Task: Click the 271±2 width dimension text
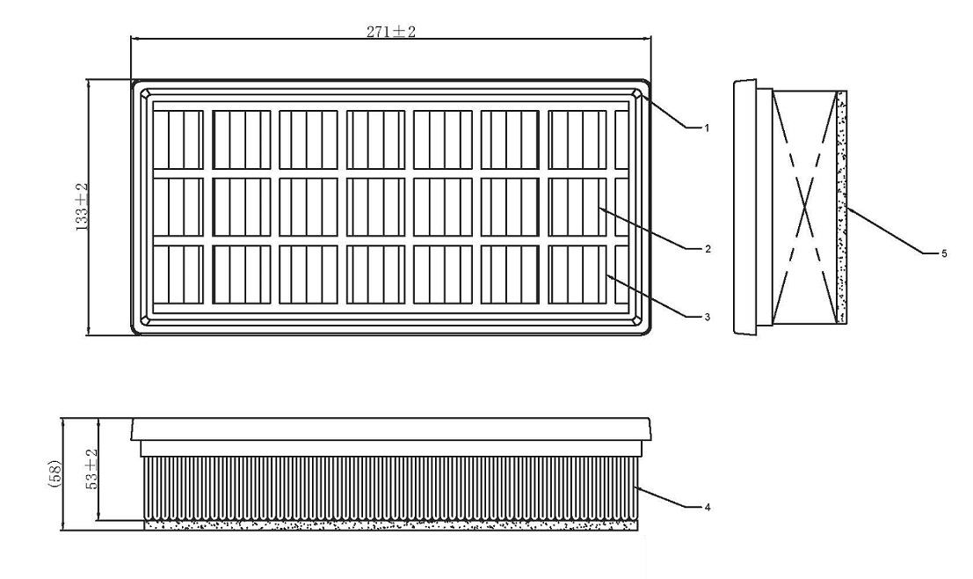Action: pos(390,32)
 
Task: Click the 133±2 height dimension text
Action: pos(82,208)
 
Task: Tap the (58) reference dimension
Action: pos(54,473)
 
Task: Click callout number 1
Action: pos(706,128)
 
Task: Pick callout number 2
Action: pos(708,249)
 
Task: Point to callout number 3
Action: pos(708,317)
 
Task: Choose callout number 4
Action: pos(708,508)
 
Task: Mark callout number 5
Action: pos(944,253)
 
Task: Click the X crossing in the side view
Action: pos(804,207)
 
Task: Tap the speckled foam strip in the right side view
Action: pos(841,207)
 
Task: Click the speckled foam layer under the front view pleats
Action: pos(391,525)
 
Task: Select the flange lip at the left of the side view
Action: pos(744,207)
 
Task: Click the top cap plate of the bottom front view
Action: pos(391,429)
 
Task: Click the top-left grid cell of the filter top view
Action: pos(178,140)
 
